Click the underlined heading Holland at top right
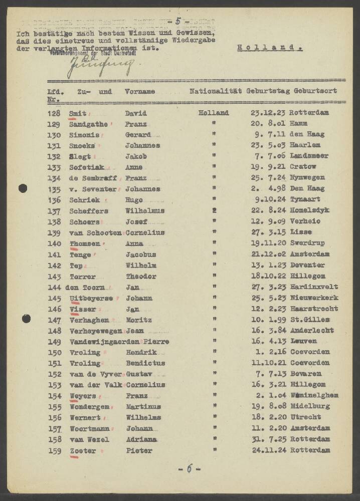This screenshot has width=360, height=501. tap(269, 48)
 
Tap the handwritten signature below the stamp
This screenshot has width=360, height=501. tap(100, 65)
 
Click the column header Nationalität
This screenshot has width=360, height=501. tap(217, 91)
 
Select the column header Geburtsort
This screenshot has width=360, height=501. tap(315, 91)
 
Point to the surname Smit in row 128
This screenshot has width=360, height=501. tap(77, 113)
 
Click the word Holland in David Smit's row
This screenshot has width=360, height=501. tap(214, 113)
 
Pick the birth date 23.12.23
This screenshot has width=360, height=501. tap(268, 113)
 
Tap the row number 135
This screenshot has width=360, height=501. tap(54, 189)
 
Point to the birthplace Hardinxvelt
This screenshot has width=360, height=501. tap(314, 287)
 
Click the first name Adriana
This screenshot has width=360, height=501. tap(141, 439)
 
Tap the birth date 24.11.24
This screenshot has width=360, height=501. tap(268, 450)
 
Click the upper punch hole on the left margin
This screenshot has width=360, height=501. tap(23, 188)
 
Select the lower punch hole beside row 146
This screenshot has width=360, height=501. tap(26, 318)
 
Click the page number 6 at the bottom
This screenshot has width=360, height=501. tap(190, 469)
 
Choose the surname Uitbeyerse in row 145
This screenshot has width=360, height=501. tap(90, 298)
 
